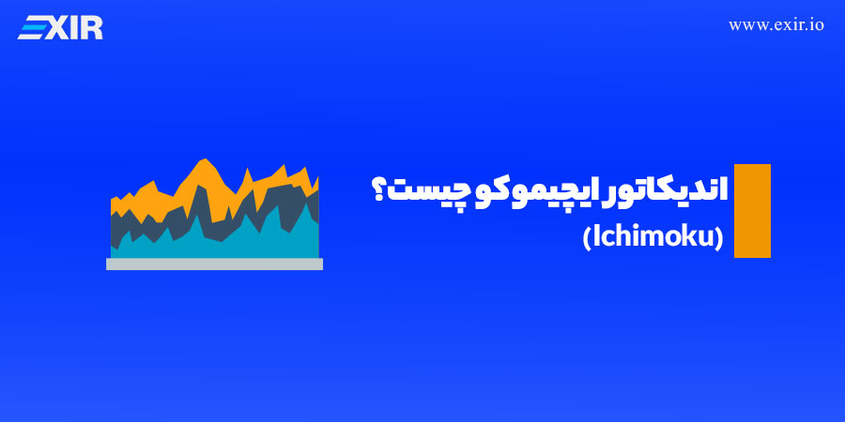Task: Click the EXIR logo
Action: click(60, 28)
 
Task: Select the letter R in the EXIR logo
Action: click(91, 28)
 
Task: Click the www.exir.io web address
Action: click(776, 26)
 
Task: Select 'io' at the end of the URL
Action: click(816, 26)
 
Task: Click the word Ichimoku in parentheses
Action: click(653, 238)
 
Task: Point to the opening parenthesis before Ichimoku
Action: click(587, 239)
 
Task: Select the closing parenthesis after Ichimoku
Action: click(719, 239)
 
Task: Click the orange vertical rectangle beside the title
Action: click(752, 211)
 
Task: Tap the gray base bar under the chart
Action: click(214, 264)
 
